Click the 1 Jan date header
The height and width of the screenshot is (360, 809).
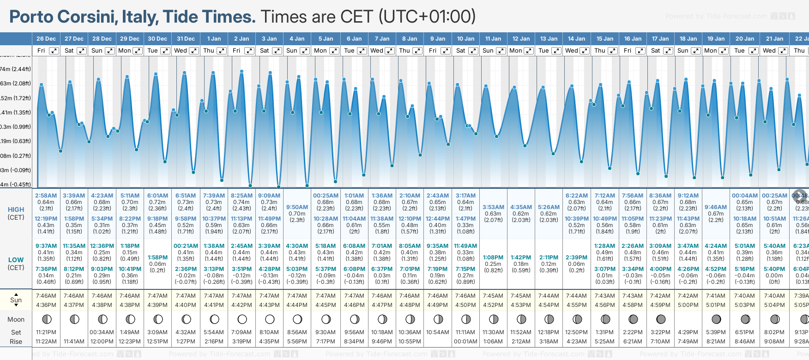pos(214,39)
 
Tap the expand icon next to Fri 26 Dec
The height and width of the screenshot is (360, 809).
pos(54,51)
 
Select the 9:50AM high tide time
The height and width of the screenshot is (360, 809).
pos(297,207)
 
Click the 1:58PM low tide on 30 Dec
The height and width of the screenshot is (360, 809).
pos(157,258)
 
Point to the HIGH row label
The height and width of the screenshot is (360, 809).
pos(16,210)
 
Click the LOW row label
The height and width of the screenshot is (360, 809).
pos(16,260)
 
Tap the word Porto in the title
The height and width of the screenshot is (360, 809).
pos(31,17)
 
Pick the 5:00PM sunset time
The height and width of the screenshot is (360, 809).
pos(688,305)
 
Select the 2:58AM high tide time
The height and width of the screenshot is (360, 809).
pos(46,196)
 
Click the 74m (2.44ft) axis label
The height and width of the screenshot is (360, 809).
pos(16,69)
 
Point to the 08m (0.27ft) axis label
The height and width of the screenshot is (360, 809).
pos(16,156)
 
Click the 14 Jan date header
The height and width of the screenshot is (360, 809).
pos(576,39)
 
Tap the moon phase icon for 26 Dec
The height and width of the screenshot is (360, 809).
pos(46,319)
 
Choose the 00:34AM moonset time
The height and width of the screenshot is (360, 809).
pos(102,332)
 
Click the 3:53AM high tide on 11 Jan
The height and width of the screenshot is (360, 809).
pos(493,207)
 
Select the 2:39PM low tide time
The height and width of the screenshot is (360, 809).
pos(576,258)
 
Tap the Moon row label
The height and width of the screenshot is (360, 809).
pos(16,319)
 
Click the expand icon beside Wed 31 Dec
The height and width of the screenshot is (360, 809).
pos(194,51)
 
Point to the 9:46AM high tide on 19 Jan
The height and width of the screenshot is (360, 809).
pos(716,207)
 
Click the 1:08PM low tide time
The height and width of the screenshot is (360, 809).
pos(493,258)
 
